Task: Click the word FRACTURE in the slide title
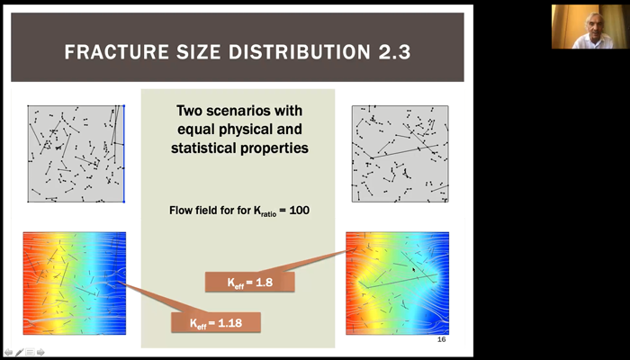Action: (117, 52)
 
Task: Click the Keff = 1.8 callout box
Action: (250, 282)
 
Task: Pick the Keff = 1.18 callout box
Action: (216, 322)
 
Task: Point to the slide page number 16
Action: (441, 339)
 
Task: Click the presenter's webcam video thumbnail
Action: (589, 26)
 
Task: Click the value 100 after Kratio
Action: (300, 210)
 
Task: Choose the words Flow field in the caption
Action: (191, 210)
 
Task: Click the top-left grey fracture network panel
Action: (76, 154)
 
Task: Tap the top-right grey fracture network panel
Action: (400, 154)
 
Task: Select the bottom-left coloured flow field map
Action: (75, 283)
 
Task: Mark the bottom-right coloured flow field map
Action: (398, 283)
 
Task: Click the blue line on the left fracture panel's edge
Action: (124, 154)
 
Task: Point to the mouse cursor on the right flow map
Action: (414, 270)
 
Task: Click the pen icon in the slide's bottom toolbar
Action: (19, 353)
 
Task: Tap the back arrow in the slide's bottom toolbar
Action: (8, 353)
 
